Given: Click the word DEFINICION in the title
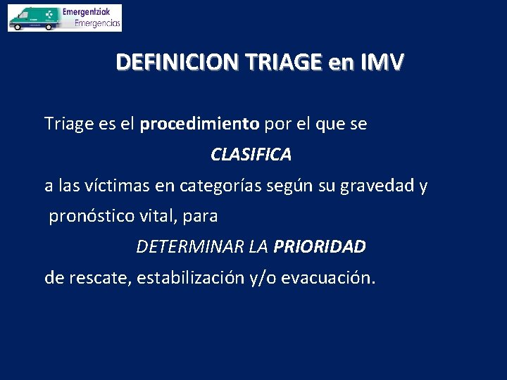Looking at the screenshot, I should pos(175,63).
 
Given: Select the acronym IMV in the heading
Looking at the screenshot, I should pos(382,63).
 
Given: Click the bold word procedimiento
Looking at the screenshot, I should pos(199,125).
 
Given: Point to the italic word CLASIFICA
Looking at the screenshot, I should pos(251,155).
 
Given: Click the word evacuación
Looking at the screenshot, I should pos(328,278).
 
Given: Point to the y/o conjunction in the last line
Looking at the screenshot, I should pos(263,278).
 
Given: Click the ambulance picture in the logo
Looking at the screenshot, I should pos(32,18).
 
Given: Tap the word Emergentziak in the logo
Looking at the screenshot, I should pos(91,12).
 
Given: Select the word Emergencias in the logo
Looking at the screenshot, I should pos(97,23).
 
